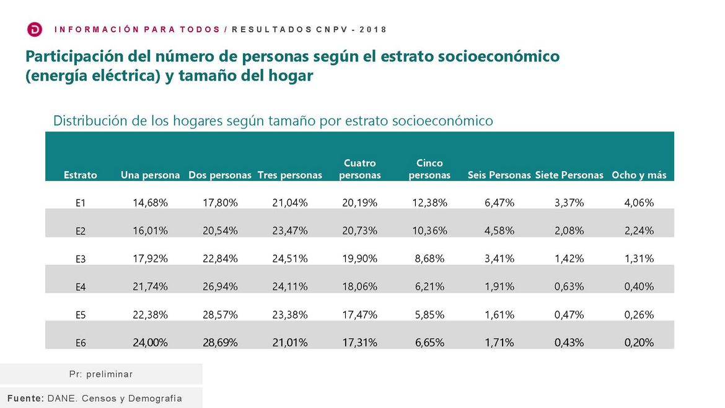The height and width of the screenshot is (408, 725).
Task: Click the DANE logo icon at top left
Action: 35,30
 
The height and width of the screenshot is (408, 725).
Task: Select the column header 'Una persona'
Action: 150,175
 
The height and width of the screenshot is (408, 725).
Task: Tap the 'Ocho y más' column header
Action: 639,175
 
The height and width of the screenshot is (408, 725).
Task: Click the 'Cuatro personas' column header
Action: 360,169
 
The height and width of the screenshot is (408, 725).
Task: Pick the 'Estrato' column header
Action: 81,175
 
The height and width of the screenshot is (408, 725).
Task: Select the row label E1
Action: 81,203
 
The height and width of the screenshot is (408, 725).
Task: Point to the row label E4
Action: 81,287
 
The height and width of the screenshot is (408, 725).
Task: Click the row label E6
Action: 81,343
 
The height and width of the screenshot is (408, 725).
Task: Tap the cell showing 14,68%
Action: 151,202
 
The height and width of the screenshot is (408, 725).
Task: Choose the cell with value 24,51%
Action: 290,258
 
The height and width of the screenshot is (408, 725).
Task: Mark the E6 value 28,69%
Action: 221,342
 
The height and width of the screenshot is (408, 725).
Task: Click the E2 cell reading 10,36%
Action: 429,230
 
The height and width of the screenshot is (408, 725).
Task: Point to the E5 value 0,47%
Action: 569,314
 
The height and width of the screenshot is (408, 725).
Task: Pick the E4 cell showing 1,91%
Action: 499,286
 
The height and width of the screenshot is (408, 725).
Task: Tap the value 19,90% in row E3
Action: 360,258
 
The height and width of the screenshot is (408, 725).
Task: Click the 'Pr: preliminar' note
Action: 101,375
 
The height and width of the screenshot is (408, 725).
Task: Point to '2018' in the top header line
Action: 375,30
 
